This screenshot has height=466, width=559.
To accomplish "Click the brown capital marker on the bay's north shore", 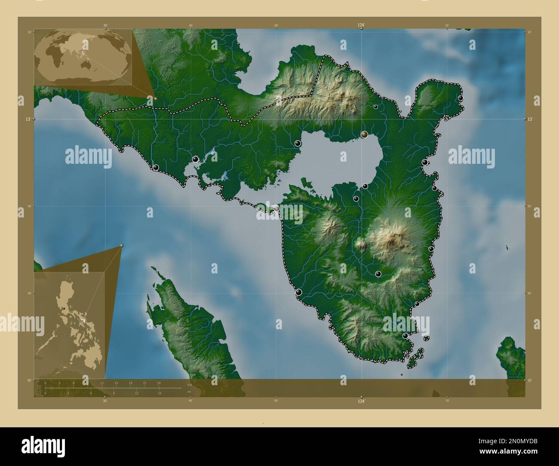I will click(x=364, y=134).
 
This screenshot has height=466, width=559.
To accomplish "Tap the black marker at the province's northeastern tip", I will click(x=461, y=98).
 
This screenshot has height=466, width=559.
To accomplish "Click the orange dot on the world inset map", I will click(x=156, y=98).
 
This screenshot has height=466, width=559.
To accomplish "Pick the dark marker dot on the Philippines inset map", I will click(x=64, y=309).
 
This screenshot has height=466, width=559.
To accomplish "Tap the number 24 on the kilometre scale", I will click(x=159, y=383).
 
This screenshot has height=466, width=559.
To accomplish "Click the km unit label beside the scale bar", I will click(x=190, y=385).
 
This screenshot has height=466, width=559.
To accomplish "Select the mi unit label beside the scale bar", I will click(x=189, y=392).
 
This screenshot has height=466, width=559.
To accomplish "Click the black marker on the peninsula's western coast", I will click(x=298, y=292).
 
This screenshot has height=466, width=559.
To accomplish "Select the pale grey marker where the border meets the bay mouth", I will click(x=277, y=208).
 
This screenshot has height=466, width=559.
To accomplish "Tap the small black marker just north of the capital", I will click(x=375, y=107).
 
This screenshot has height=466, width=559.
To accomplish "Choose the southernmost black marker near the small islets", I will click(x=405, y=336).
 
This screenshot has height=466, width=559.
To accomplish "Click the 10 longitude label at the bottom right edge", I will click(x=447, y=400).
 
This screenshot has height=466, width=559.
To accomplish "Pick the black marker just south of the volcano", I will click(x=378, y=274).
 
